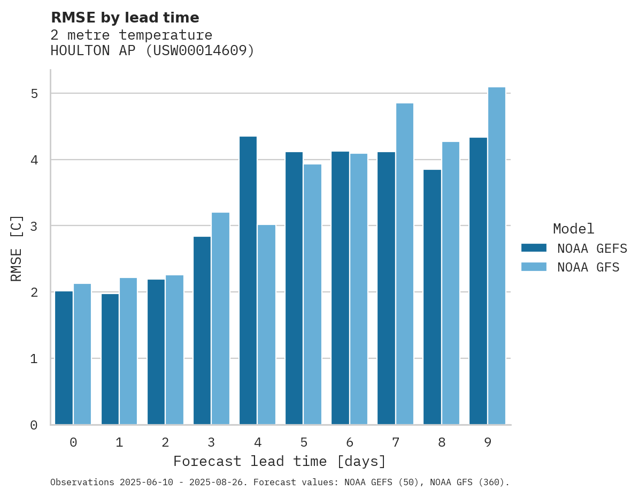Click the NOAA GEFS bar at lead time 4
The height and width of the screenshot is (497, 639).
248,281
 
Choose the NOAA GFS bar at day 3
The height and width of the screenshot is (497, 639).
220,319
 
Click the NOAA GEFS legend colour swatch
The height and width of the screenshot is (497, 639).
534,248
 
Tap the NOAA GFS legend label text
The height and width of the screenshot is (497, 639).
588,267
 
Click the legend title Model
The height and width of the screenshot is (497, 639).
573,229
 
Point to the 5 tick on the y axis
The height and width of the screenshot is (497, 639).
34,94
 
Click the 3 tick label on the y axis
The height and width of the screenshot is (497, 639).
34,226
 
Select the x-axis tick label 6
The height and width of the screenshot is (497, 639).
350,442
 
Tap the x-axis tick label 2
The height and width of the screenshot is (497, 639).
165,442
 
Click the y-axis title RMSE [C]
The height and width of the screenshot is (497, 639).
17,248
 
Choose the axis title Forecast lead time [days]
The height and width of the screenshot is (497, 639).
279,461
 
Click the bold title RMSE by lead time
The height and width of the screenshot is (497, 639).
125,18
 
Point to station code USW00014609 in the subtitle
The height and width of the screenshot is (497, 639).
200,51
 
